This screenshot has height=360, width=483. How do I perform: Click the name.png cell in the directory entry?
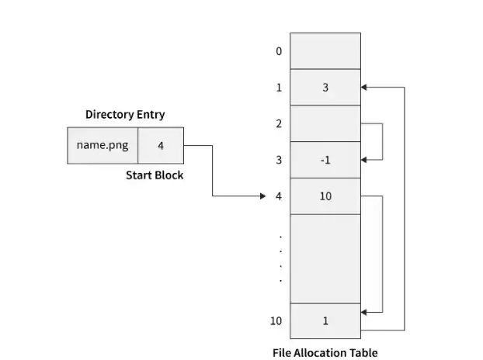coord(103,145)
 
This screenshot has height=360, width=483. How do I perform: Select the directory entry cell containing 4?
coord(161,145)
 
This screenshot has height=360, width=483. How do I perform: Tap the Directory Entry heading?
coord(125,114)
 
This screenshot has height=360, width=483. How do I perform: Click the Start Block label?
coord(155,175)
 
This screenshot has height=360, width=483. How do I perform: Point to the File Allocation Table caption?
coord(325,352)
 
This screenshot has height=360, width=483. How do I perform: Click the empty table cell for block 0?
coord(325,51)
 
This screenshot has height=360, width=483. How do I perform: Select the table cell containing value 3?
coord(325,88)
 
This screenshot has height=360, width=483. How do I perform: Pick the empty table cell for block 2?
coord(325,123)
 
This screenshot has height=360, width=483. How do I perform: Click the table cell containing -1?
coord(325,160)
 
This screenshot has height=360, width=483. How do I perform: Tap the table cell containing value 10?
coord(325,196)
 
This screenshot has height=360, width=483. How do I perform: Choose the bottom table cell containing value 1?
coord(325,321)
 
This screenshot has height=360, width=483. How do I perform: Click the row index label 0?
coord(278,51)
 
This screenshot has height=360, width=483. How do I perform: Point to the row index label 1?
coord(278,88)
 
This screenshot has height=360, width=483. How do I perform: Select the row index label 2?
coord(278,123)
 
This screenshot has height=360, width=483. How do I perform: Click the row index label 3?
coord(278,160)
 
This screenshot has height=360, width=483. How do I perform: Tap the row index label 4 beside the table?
coord(278,196)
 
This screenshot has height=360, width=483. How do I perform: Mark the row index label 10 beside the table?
coord(276,321)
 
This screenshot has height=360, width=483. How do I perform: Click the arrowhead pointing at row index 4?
coord(262,196)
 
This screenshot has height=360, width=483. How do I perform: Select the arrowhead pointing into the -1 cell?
coord(365,159)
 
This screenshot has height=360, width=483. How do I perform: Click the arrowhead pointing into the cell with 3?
coord(365,88)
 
